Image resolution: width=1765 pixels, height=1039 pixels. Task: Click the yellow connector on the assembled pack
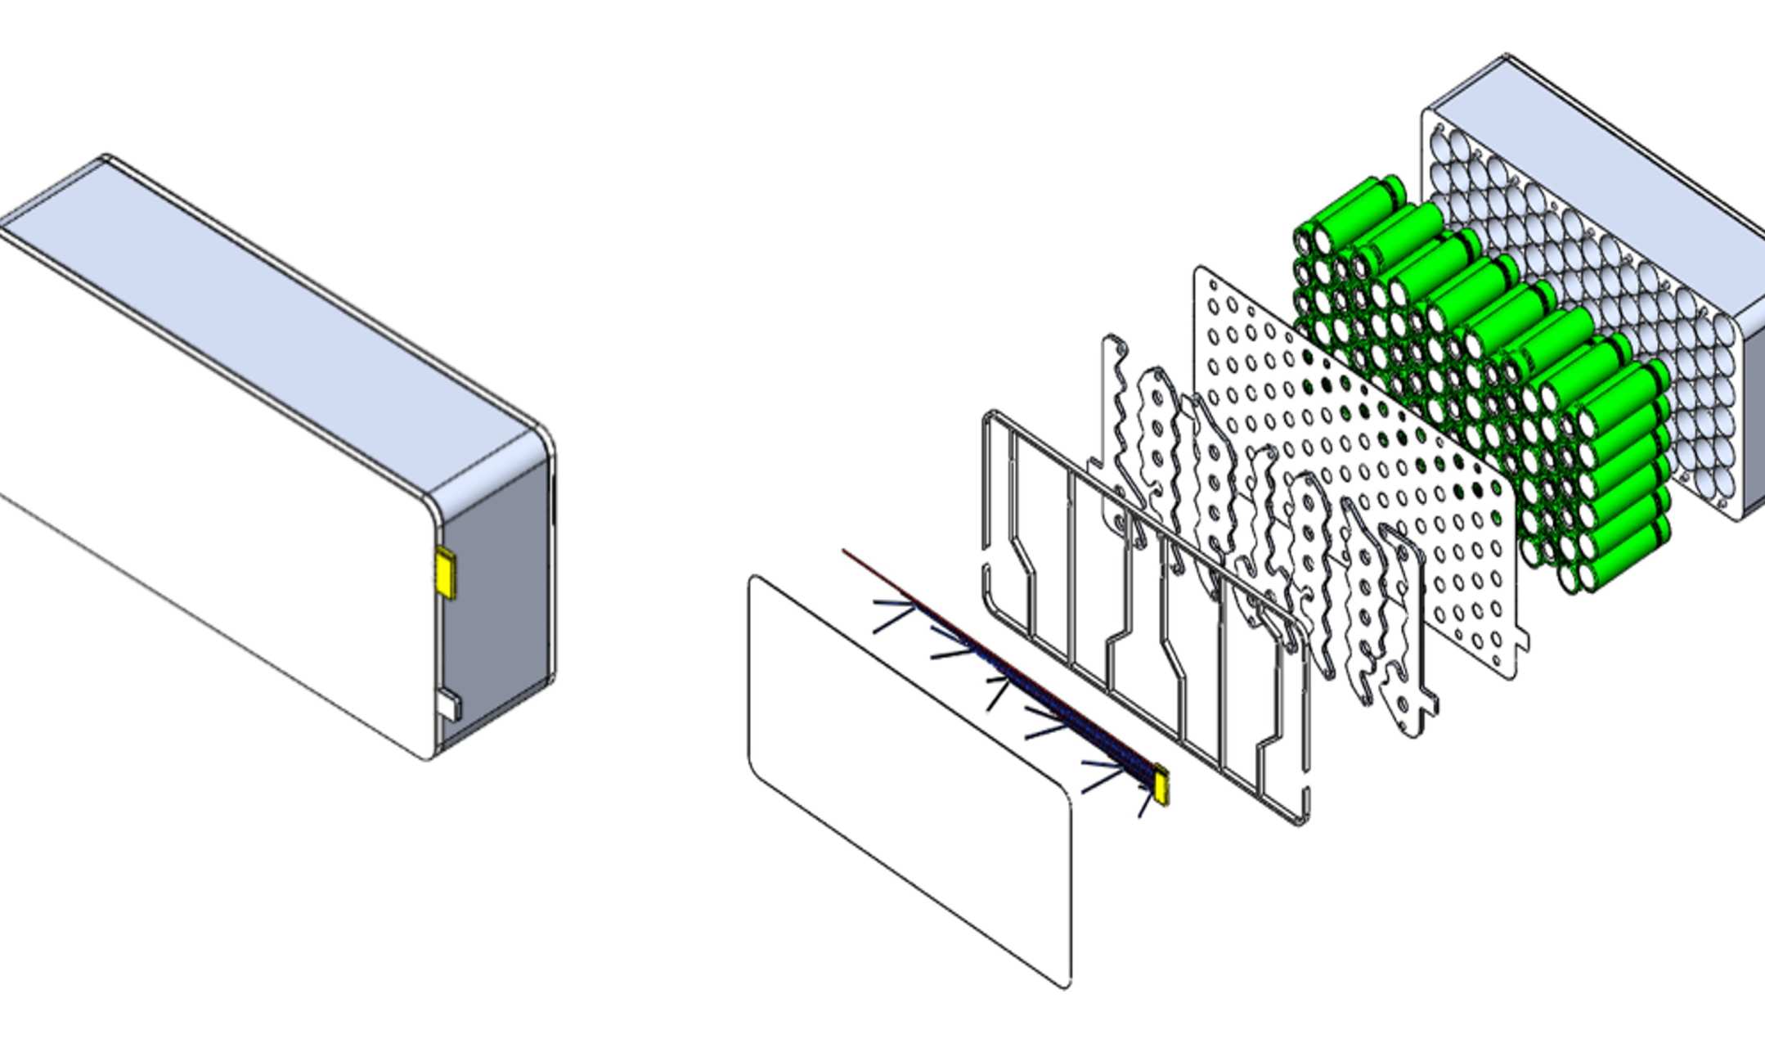point(446,572)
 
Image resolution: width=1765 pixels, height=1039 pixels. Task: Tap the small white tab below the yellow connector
point(449,705)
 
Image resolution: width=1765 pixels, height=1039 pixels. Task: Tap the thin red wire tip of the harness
point(846,552)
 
